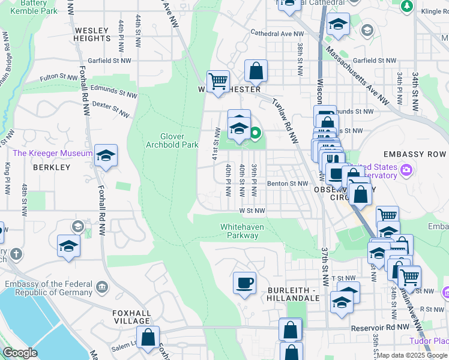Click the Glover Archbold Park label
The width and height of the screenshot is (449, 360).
click(172, 140)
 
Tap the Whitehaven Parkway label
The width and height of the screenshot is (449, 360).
click(239, 231)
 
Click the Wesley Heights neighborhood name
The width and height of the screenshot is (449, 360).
click(92, 34)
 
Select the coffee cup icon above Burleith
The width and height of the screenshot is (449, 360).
click(244, 283)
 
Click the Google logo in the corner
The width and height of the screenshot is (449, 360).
click(20, 353)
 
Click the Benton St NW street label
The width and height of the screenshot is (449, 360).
click(287, 184)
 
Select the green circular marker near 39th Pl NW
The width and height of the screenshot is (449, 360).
click(255, 133)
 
